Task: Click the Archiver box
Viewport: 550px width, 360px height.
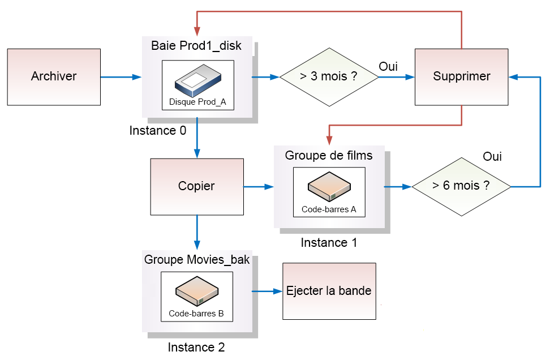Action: tap(54, 76)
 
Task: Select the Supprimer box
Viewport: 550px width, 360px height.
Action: tap(461, 76)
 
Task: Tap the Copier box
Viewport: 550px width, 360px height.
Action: tap(196, 186)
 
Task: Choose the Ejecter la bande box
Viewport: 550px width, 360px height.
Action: tap(329, 291)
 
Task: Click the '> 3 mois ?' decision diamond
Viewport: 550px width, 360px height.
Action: tap(329, 76)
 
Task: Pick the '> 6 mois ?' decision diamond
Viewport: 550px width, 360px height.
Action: tap(461, 186)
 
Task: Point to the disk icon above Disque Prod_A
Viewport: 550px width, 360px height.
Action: tap(196, 82)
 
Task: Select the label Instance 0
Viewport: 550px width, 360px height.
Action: tap(157, 131)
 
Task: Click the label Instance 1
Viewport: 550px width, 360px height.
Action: tap(329, 243)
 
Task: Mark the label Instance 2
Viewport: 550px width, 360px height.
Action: tap(196, 348)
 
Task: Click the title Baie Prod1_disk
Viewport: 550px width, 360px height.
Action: tap(196, 46)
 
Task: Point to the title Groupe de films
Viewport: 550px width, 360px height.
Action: tap(329, 155)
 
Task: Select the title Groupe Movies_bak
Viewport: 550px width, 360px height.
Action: tap(196, 260)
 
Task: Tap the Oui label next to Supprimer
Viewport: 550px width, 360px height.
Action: tap(388, 67)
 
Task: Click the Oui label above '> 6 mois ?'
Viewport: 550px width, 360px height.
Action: tap(492, 157)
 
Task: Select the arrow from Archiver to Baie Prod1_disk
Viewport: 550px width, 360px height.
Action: tap(121, 76)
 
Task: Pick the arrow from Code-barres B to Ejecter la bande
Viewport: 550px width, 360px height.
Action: tap(266, 292)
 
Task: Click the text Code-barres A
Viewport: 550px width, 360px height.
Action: tap(329, 209)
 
